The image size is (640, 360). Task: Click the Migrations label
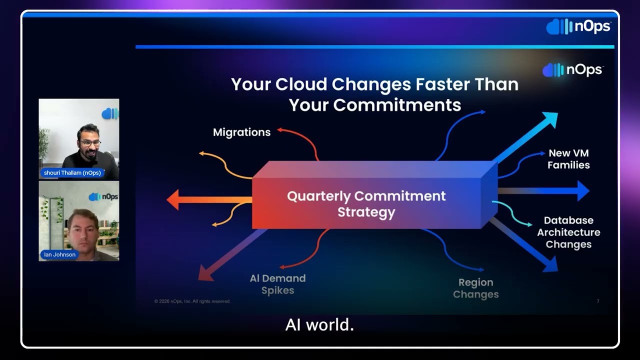(x=241, y=132)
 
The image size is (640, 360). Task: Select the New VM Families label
(x=568, y=159)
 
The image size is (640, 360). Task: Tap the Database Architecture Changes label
(x=568, y=232)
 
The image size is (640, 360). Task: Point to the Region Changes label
(x=475, y=288)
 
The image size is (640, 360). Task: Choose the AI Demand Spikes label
(x=277, y=284)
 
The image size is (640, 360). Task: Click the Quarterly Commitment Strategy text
(x=366, y=203)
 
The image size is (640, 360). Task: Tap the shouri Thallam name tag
(x=71, y=173)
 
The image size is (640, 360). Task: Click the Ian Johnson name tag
(x=59, y=254)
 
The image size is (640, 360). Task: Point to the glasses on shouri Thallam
(x=90, y=142)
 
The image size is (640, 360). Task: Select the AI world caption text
(x=319, y=325)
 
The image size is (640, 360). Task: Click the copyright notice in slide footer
(x=192, y=301)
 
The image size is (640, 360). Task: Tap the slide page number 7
(x=597, y=301)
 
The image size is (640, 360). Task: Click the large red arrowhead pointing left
(x=173, y=199)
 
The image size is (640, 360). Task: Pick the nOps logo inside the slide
(x=573, y=70)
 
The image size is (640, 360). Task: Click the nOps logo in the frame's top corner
(x=578, y=26)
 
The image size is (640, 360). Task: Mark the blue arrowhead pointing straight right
(x=582, y=190)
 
